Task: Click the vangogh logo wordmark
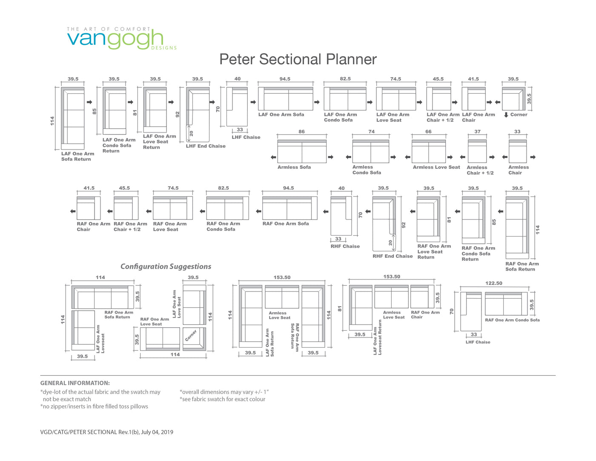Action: [x=115, y=39]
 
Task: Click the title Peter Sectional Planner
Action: [x=298, y=59]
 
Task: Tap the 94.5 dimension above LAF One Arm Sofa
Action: [x=285, y=79]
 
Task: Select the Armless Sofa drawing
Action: [x=302, y=151]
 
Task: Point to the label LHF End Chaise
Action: [x=206, y=146]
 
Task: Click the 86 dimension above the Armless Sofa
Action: [x=301, y=131]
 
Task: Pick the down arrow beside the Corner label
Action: [x=506, y=115]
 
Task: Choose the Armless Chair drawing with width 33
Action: [x=518, y=151]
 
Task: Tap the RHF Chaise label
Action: [x=345, y=246]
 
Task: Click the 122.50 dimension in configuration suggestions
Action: [x=494, y=283]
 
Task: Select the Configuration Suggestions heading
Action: [x=166, y=266]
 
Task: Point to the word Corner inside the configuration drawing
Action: [x=191, y=335]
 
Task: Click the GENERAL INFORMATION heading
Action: [x=75, y=383]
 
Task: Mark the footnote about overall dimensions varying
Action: [x=224, y=392]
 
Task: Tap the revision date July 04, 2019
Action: [x=157, y=432]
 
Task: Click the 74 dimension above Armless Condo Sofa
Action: [x=371, y=131]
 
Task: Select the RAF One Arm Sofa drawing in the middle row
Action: [x=289, y=208]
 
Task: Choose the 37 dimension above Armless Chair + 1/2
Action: [x=478, y=131]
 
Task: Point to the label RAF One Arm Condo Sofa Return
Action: [x=479, y=254]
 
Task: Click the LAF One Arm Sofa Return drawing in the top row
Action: [x=73, y=118]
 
